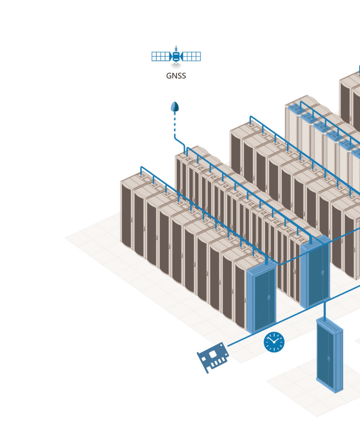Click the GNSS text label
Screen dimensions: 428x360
[x=176, y=76]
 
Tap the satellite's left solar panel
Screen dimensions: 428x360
[x=161, y=56]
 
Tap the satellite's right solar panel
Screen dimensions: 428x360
[x=191, y=56]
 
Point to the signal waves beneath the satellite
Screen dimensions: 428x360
[x=176, y=66]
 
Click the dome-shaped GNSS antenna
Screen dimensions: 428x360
[x=175, y=107]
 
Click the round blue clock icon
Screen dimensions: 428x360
[x=274, y=342]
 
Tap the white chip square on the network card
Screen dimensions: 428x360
[x=213, y=354]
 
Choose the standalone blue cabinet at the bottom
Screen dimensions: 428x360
[x=329, y=355]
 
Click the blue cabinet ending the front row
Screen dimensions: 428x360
[x=262, y=299]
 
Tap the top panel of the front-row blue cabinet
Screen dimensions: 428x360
[x=261, y=265]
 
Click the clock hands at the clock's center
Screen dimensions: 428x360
[x=274, y=341]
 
